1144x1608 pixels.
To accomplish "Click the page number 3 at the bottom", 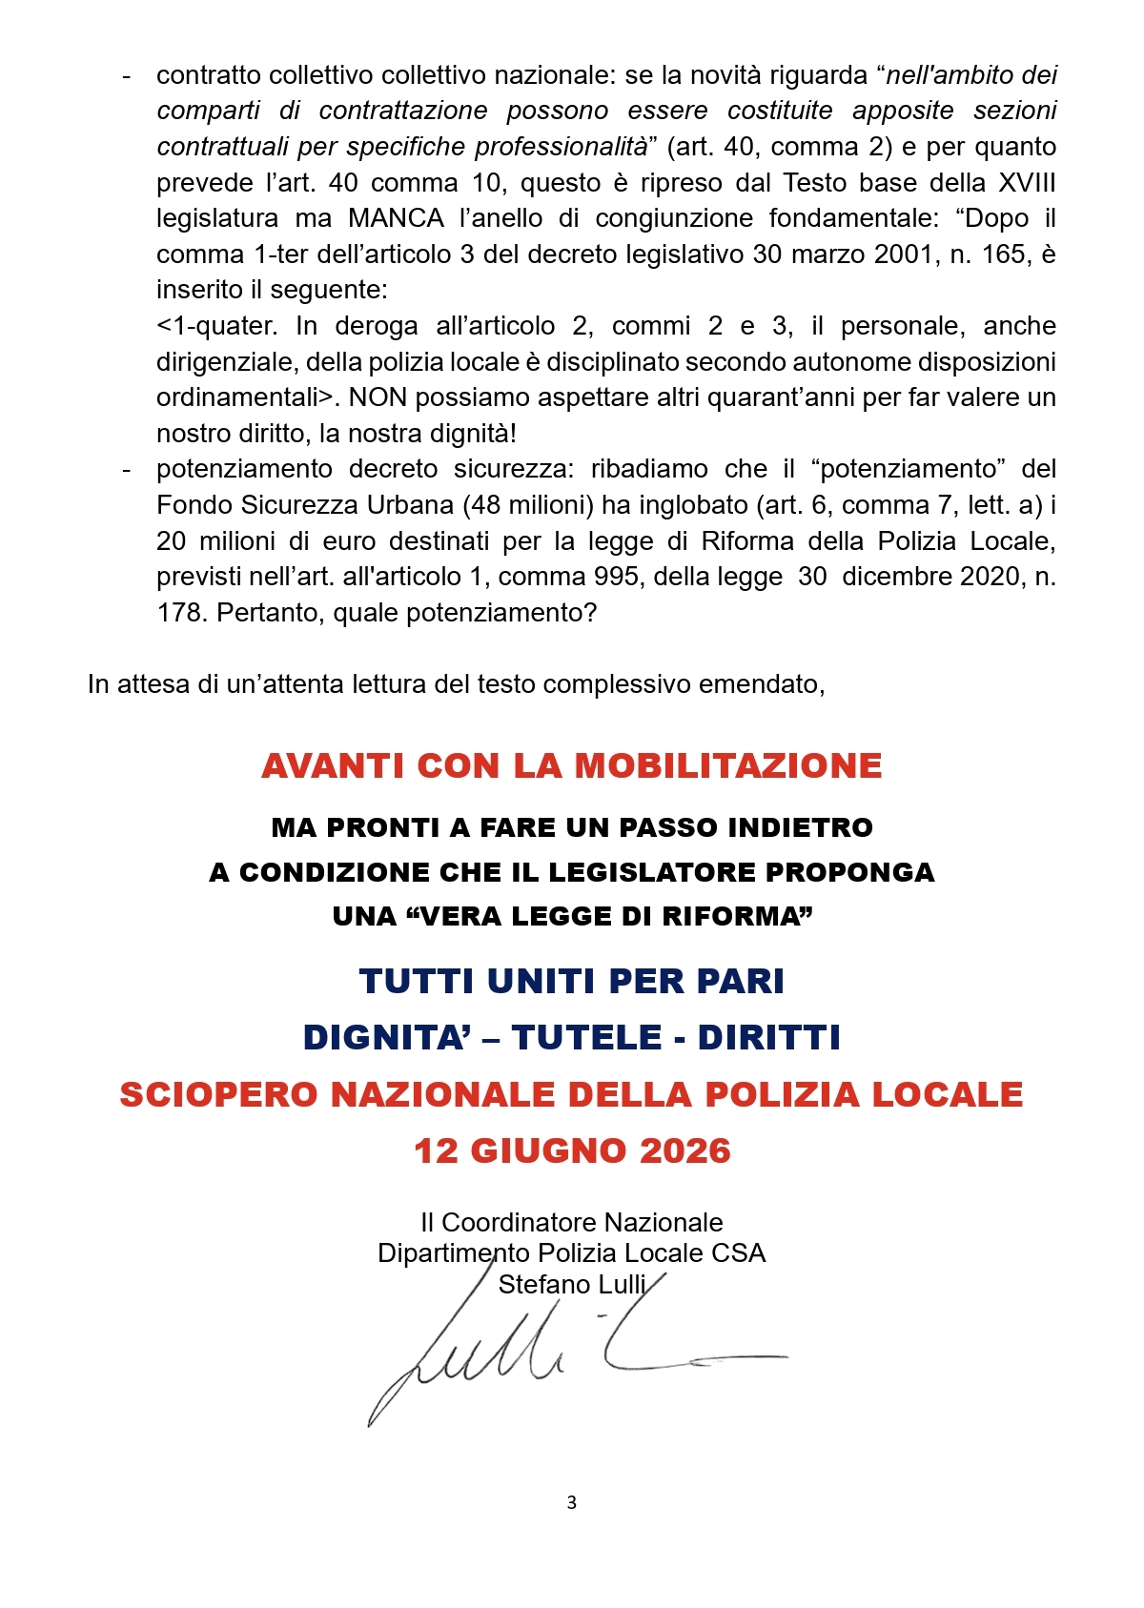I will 571,1502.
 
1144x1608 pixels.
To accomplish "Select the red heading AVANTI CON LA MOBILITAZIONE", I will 572,765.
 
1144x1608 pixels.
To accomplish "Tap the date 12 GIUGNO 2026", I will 572,1150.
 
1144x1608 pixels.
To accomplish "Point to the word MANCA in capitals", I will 397,218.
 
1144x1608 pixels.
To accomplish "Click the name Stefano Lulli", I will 572,1284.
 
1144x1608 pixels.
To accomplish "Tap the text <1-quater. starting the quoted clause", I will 217,326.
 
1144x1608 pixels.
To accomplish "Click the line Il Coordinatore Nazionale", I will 572,1222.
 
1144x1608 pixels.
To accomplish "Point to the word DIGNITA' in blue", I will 386,1037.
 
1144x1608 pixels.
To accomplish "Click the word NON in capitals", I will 378,397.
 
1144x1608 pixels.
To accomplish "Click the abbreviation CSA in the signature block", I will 739,1252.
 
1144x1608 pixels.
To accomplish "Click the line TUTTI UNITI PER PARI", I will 572,981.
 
